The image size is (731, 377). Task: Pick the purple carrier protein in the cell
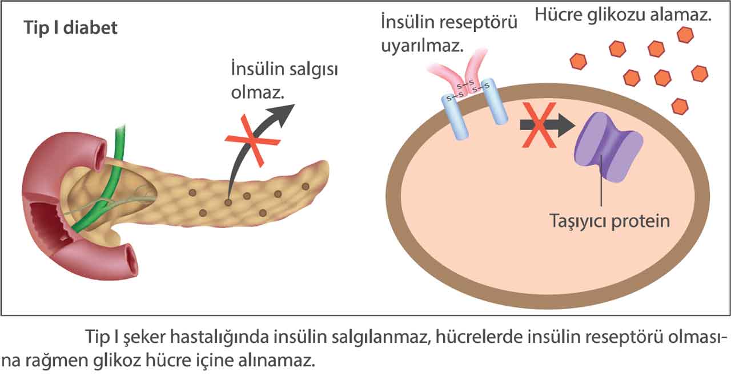click(x=607, y=147)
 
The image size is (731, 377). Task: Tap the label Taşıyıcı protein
click(x=609, y=221)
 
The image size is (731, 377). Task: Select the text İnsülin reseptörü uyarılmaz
click(x=449, y=34)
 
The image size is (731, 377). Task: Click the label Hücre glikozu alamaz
click(x=622, y=15)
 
